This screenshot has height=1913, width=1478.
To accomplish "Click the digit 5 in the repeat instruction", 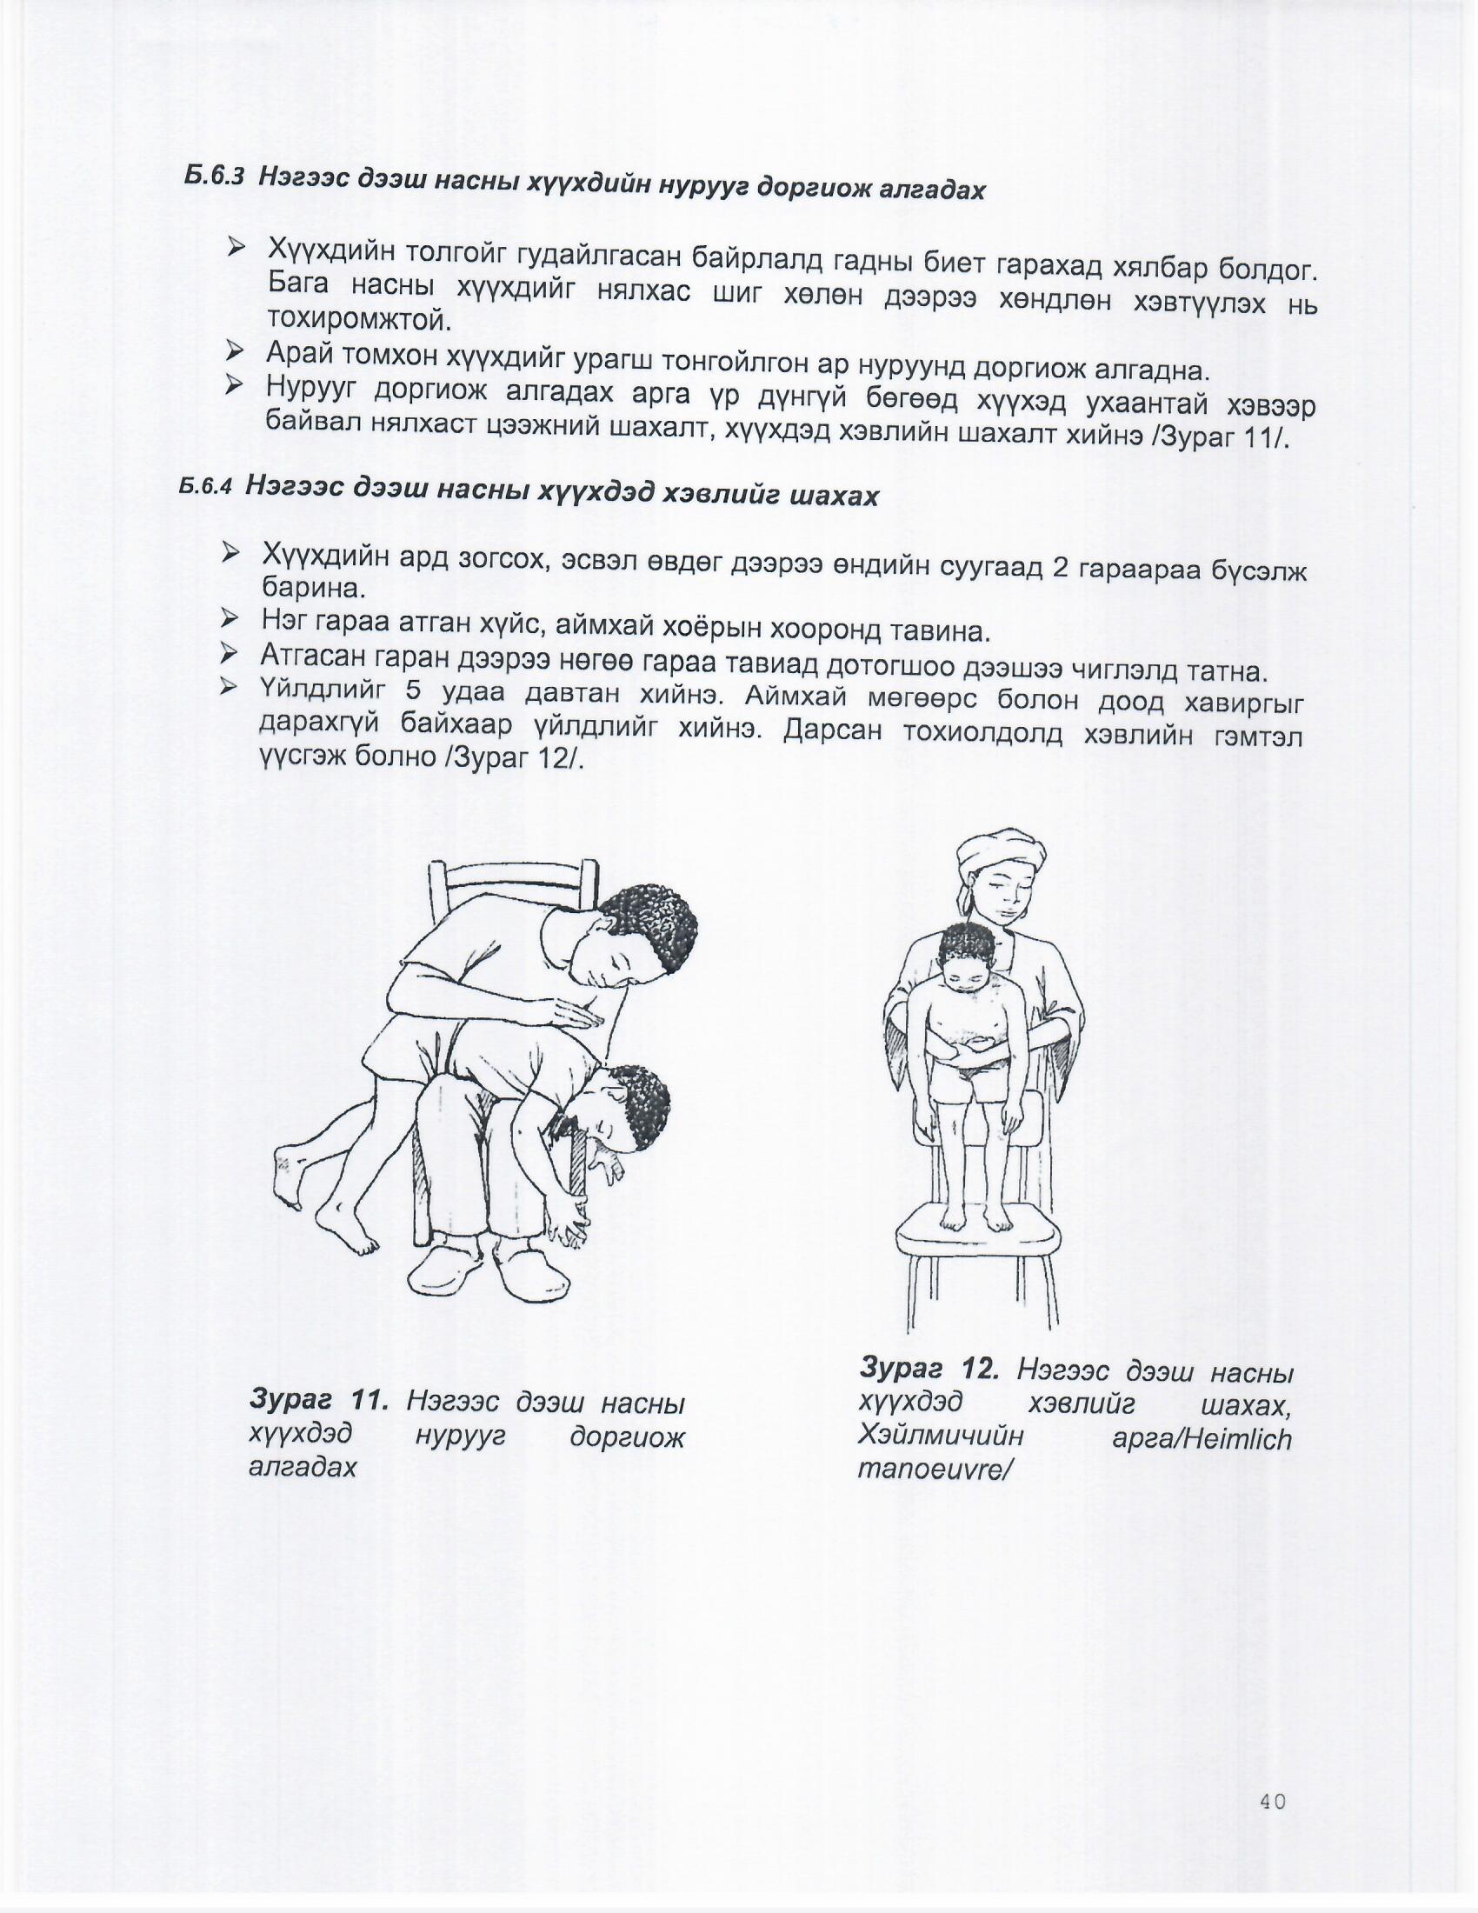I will [x=414, y=691].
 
